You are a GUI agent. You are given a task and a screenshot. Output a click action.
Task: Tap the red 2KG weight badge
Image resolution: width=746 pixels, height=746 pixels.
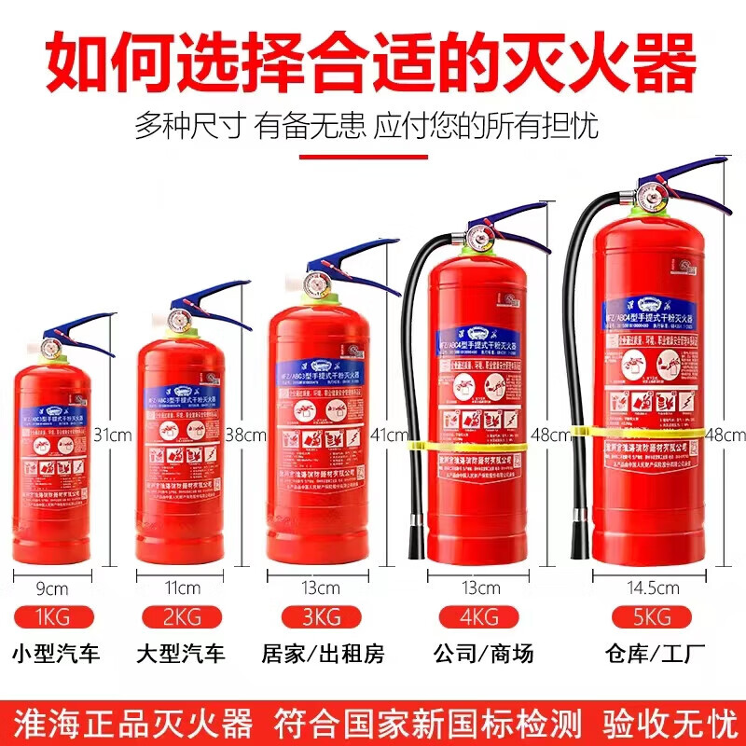pyautogui.click(x=182, y=616)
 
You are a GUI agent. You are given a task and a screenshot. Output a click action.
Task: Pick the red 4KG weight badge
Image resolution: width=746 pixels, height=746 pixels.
pyautogui.click(x=479, y=616)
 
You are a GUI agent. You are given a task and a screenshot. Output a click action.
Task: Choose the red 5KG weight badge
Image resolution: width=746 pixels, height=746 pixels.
pyautogui.click(x=643, y=616)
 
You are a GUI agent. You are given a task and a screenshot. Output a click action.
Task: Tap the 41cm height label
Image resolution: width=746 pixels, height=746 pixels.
pyautogui.click(x=390, y=435)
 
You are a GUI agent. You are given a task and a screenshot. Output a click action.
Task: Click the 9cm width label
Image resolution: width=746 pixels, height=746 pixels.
pyautogui.click(x=52, y=587)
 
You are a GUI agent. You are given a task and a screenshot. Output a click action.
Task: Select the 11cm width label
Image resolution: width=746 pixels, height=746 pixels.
pyautogui.click(x=182, y=587)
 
